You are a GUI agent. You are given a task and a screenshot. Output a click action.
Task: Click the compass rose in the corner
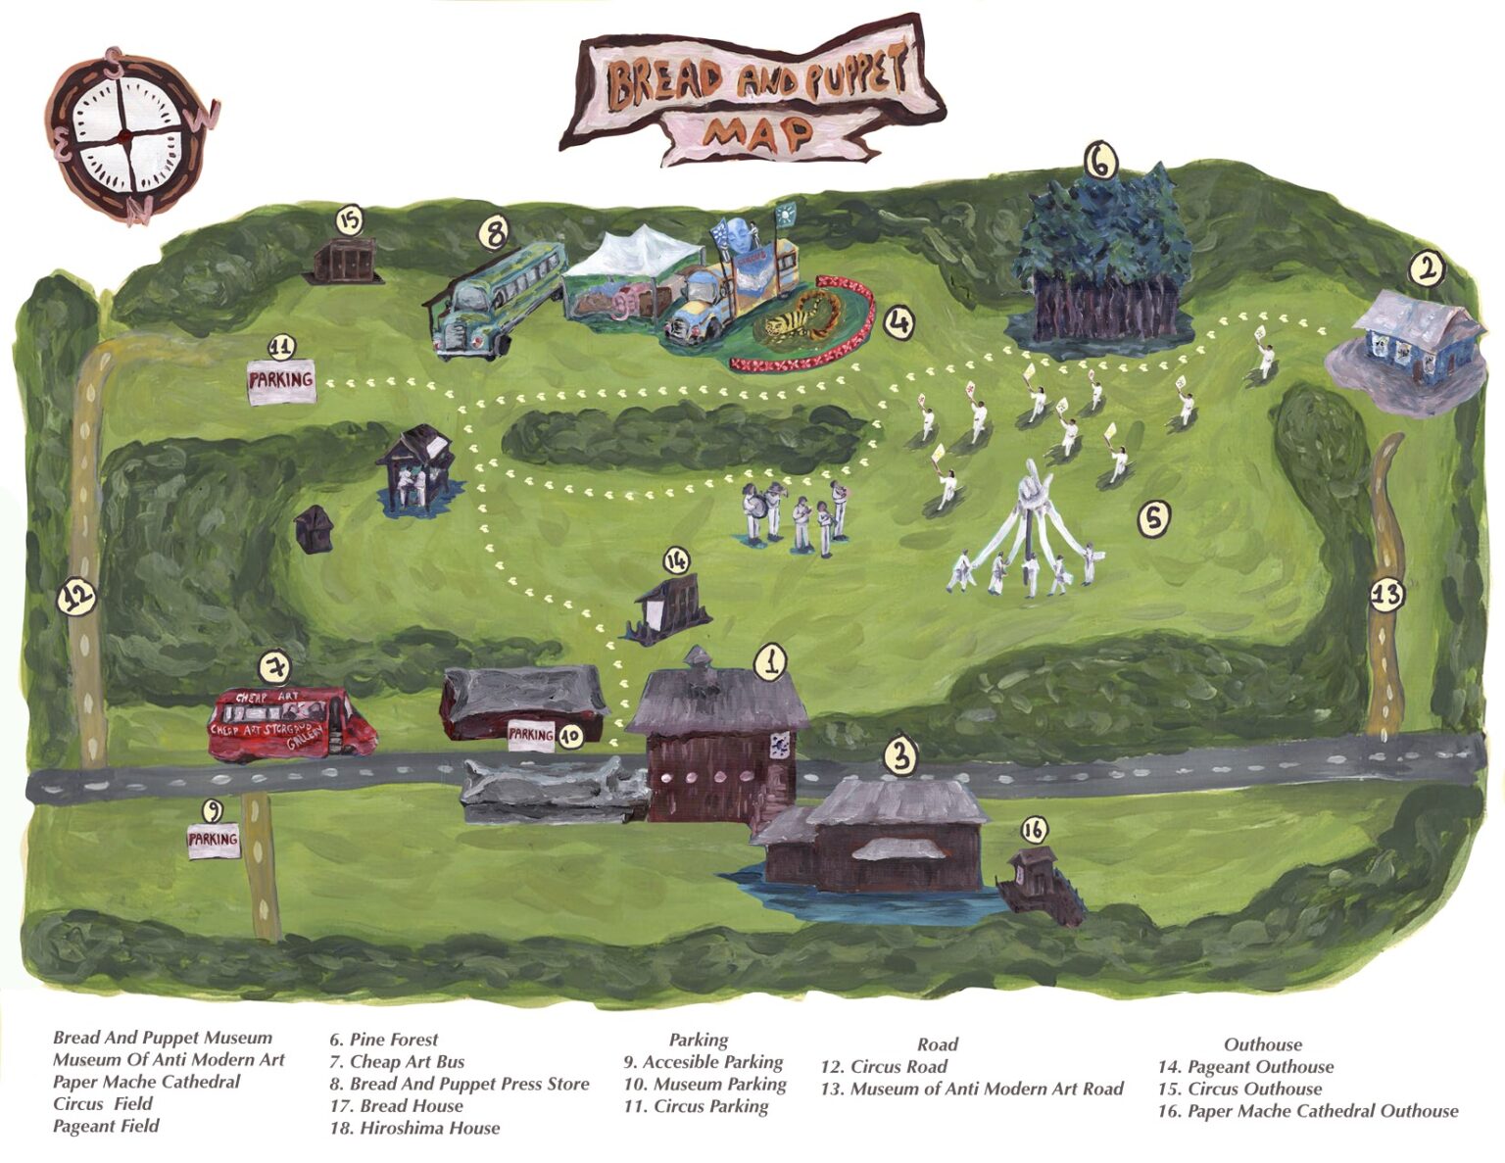pyautogui.click(x=126, y=136)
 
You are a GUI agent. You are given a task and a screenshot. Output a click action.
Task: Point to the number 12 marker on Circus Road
pyautogui.click(x=75, y=595)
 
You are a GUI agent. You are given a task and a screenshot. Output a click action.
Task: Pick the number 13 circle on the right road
pyautogui.click(x=1385, y=595)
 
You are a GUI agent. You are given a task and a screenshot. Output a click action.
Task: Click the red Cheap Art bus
pyautogui.click(x=292, y=723)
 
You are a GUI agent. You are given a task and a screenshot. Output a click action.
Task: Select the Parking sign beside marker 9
pyautogui.click(x=214, y=840)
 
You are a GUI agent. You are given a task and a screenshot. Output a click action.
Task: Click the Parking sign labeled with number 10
pyautogui.click(x=532, y=734)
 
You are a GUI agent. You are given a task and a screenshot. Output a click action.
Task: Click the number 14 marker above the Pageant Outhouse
pyautogui.click(x=676, y=560)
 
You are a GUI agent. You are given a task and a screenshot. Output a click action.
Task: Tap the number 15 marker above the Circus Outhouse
pyautogui.click(x=350, y=220)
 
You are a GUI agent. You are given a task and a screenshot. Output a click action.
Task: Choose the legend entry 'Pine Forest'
pyautogui.click(x=383, y=1040)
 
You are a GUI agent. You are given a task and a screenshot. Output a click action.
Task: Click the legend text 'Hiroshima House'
pyautogui.click(x=415, y=1128)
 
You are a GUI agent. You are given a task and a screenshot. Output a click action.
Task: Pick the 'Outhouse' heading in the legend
pyautogui.click(x=1262, y=1044)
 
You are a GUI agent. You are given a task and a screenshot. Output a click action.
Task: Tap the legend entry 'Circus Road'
pyautogui.click(x=884, y=1067)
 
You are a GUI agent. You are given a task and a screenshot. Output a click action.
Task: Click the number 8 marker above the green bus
pyautogui.click(x=496, y=232)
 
